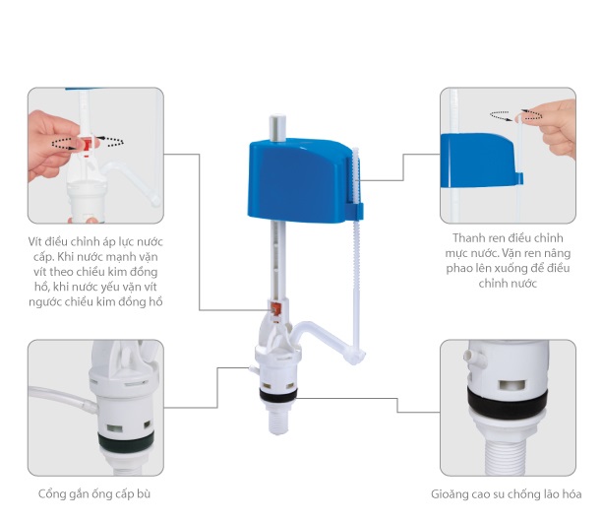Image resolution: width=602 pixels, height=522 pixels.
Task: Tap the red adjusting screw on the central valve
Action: click(275, 308)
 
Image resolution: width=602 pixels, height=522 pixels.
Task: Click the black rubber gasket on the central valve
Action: click(277, 396)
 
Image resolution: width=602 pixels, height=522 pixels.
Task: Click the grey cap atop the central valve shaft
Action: click(277, 127)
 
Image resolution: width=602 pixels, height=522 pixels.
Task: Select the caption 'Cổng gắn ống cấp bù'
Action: click(94, 493)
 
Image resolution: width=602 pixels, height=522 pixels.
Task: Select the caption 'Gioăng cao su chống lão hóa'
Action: click(506, 493)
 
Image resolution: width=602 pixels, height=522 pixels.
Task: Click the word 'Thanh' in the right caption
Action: click(469, 238)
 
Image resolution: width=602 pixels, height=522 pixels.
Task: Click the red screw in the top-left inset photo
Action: click(88, 145)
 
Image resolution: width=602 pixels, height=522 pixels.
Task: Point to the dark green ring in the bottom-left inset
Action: click(125, 443)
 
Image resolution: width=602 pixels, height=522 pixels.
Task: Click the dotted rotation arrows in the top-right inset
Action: click(515, 115)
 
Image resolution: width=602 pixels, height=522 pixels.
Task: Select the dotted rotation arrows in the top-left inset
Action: click(88, 142)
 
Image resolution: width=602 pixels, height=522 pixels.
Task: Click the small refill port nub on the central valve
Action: click(254, 369)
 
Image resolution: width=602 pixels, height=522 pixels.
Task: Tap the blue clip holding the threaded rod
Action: click(354, 211)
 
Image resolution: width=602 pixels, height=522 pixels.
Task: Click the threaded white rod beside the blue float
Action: click(357, 250)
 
